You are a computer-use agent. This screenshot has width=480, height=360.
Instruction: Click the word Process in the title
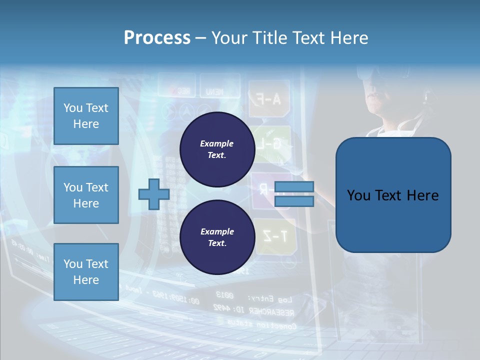[x=157, y=37]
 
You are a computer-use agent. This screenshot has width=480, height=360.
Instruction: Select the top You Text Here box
[x=86, y=116]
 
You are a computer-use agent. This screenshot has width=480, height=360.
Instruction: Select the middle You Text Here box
[x=86, y=195]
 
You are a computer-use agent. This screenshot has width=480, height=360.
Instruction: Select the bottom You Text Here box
[x=86, y=271]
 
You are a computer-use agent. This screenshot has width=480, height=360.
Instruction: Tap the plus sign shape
[x=154, y=194]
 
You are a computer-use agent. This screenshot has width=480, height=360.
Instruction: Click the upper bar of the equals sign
[x=294, y=187]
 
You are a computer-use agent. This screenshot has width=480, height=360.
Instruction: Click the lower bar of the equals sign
[x=294, y=201]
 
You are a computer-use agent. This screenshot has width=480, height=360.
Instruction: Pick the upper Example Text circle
[x=217, y=149]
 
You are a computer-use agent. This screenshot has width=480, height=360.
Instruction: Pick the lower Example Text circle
[x=217, y=237]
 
